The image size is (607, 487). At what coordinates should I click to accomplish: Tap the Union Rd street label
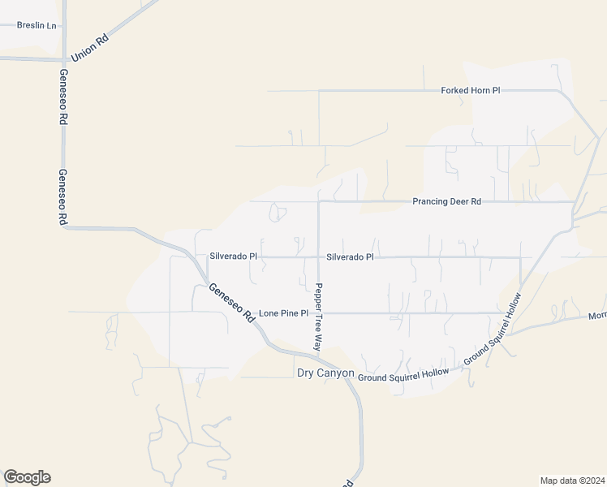tap(90, 48)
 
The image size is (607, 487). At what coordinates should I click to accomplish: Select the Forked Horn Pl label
tap(470, 90)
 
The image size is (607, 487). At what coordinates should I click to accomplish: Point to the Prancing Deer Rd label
tap(446, 201)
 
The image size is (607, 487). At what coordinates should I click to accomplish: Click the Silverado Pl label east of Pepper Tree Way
tap(350, 257)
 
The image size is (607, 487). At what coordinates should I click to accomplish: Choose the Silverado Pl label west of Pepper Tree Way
tap(233, 256)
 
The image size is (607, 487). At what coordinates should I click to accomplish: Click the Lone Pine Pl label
tap(283, 313)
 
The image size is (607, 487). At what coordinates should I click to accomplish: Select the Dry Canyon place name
tap(325, 373)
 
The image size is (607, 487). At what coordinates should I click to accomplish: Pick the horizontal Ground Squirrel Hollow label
tap(403, 376)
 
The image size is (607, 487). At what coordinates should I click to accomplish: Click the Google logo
tap(27, 476)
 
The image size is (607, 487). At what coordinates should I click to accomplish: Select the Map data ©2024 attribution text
tap(572, 480)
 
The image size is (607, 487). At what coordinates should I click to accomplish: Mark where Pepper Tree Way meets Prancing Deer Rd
tap(318, 201)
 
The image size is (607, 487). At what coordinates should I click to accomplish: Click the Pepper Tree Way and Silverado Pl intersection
tap(318, 257)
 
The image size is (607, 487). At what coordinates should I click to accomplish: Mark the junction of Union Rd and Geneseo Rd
tap(62, 59)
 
